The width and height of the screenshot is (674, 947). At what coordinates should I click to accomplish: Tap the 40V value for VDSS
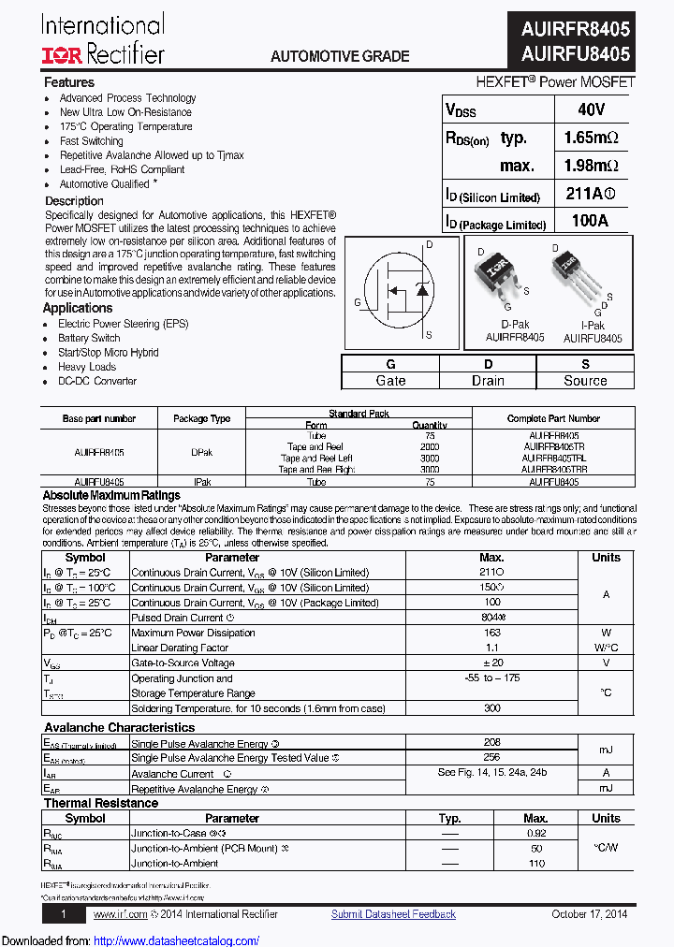592,109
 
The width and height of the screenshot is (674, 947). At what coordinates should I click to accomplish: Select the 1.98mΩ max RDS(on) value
592,166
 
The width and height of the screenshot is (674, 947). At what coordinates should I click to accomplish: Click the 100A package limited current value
590,221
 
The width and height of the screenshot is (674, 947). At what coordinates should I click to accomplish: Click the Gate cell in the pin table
390,380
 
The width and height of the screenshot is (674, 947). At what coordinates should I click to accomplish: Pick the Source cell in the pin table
585,380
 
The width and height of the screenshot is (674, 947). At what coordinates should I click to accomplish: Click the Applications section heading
78,308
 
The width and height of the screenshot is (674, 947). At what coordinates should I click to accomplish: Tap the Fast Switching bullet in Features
92,141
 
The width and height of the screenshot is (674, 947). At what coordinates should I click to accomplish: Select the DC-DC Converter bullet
97,381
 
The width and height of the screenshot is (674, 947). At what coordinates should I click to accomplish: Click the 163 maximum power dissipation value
492,633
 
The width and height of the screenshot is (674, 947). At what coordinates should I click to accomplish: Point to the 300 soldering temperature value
492,708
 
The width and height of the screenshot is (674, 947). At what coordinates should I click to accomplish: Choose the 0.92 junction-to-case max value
536,833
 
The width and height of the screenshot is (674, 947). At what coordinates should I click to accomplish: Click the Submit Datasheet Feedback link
393,914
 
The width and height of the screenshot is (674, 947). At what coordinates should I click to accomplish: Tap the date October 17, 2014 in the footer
590,914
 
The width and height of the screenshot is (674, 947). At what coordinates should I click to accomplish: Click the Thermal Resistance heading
101,803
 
